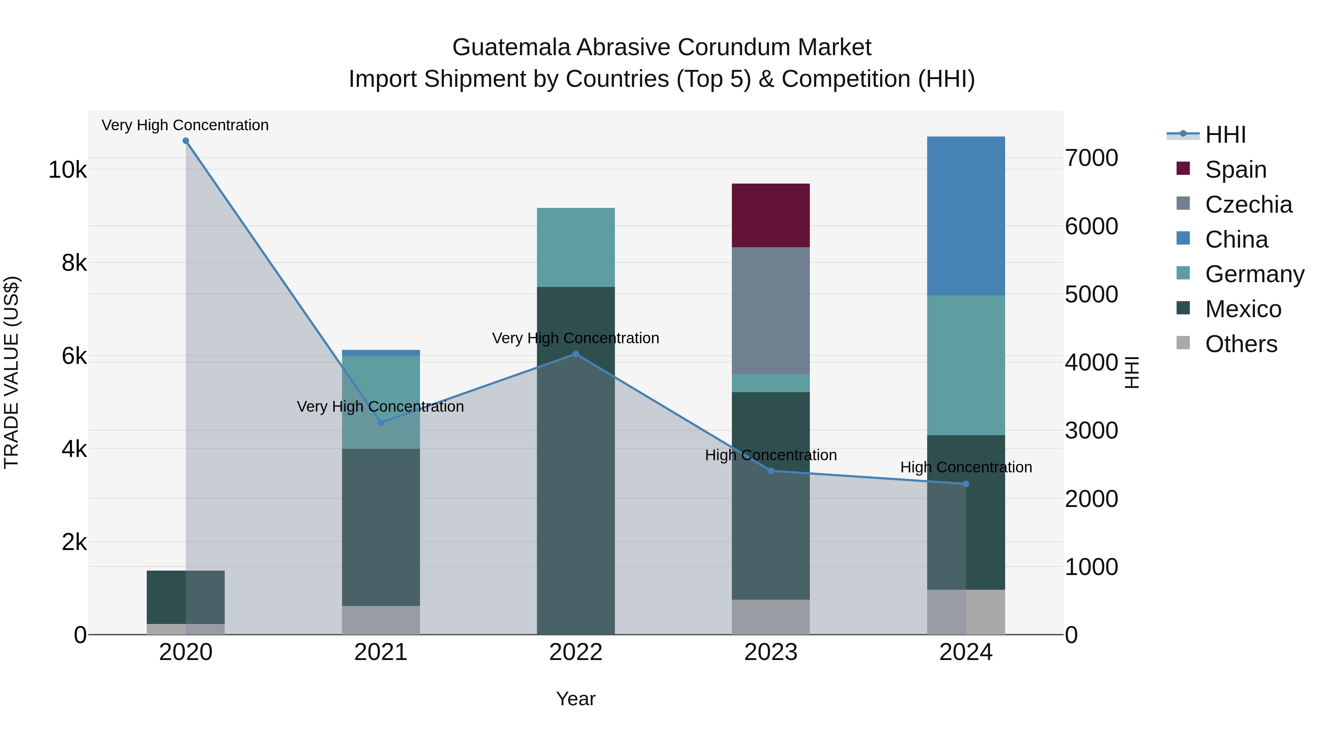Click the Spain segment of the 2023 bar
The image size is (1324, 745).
point(770,215)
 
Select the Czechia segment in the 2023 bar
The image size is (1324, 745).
point(770,311)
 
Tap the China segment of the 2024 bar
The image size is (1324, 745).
point(966,216)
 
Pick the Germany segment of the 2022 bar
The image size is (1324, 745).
point(576,247)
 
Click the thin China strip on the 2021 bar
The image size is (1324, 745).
point(381,353)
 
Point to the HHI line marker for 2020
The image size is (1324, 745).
point(186,141)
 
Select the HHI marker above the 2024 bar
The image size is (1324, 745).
point(966,484)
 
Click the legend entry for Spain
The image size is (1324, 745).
point(1235,170)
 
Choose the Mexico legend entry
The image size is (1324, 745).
point(1243,309)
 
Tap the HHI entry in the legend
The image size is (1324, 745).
point(1225,135)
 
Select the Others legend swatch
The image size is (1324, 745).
point(1183,343)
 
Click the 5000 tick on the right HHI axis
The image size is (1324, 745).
point(1091,295)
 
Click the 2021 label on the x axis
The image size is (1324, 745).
point(381,652)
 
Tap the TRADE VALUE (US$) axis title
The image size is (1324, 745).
point(11,372)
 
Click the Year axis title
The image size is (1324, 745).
point(576,699)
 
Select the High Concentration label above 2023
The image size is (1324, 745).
point(770,455)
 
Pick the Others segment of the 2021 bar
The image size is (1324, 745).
point(381,620)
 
